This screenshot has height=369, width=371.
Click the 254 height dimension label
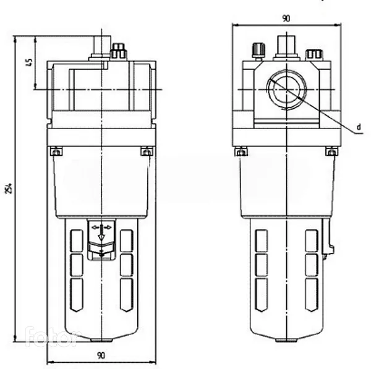coord(9,188)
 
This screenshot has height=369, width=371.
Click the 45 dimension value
coord(29,62)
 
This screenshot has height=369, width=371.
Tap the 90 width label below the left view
coord(101,355)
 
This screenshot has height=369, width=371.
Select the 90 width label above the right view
coord(286,18)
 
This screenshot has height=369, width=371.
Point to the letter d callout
coord(359,127)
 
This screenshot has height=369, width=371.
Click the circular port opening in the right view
coord(286,90)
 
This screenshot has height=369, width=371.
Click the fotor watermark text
coord(51,336)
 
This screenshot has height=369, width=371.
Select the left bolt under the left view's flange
coord(56,151)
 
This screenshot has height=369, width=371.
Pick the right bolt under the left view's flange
coord(147,151)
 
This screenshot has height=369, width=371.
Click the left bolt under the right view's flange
coord(241,151)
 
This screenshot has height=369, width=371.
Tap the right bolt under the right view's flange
coord(331,151)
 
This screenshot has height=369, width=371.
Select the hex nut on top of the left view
coord(118,51)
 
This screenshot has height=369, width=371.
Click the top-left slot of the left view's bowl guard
coord(77,241)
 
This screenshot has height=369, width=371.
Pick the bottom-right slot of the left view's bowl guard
coord(127,295)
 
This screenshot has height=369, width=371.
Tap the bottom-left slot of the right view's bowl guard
coord(262,295)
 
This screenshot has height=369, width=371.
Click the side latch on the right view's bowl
coord(328,239)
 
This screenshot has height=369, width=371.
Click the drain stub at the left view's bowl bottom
coord(102,341)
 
